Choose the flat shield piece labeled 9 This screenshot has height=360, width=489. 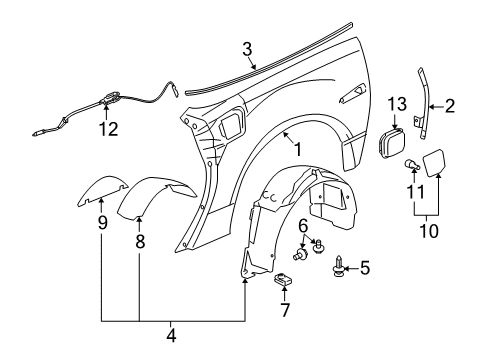[103, 197]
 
